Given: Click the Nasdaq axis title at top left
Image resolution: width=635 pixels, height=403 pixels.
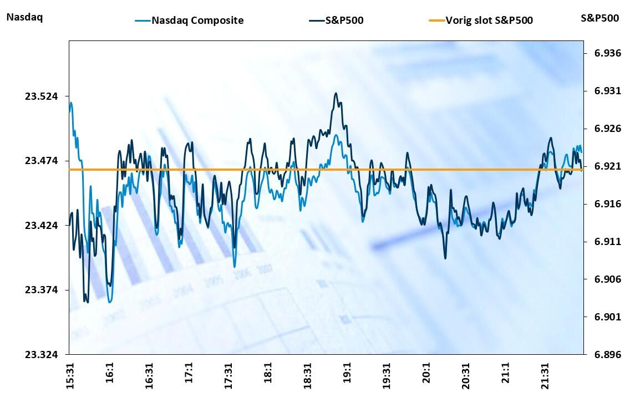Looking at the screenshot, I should (x=24, y=17).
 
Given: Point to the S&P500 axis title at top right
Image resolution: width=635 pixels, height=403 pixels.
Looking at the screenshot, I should (x=600, y=18).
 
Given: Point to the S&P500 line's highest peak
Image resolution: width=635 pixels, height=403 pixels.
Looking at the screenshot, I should (x=336, y=93).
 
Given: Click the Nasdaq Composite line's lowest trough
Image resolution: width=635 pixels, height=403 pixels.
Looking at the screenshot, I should (x=110, y=302).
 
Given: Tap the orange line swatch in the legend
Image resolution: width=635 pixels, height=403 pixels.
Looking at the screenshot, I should (x=436, y=21).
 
